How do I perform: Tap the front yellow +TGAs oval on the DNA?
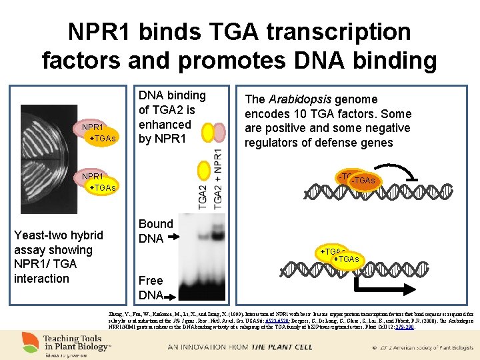point(346,259)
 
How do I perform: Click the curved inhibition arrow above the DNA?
point(400,175)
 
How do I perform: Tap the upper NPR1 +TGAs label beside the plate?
point(97,132)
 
